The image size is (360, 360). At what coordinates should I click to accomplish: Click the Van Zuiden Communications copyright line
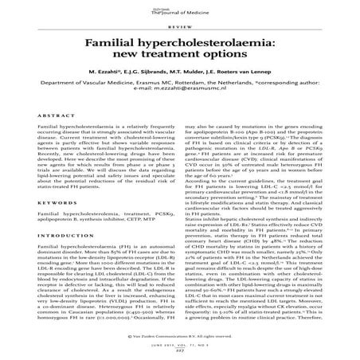180,338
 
